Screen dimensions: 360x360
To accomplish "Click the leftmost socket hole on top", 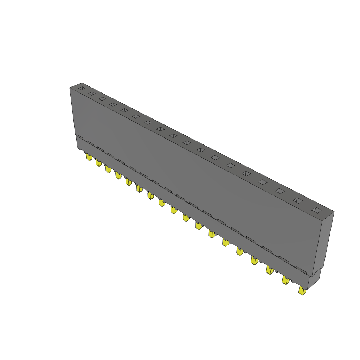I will [x=81, y=88].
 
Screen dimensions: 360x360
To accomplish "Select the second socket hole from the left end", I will [x=91, y=93].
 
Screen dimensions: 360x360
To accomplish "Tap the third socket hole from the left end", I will [x=102, y=99].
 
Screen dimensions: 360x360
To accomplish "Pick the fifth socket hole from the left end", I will [x=124, y=110].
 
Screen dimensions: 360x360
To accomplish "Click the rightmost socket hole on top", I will [x=316, y=210].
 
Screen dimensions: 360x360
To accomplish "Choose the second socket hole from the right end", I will [x=298, y=200].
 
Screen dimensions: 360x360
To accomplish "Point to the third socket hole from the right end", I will [x=279, y=191].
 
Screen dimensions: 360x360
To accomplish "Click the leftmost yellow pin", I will [x=89, y=157].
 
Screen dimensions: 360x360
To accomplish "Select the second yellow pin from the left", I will [x=98, y=163].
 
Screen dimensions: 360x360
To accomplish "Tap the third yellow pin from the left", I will [x=108, y=169].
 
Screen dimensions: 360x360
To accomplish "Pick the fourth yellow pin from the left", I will [x=118, y=175].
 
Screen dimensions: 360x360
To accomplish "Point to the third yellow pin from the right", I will [x=270, y=270].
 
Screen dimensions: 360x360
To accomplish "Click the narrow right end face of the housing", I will [x=325, y=243].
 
